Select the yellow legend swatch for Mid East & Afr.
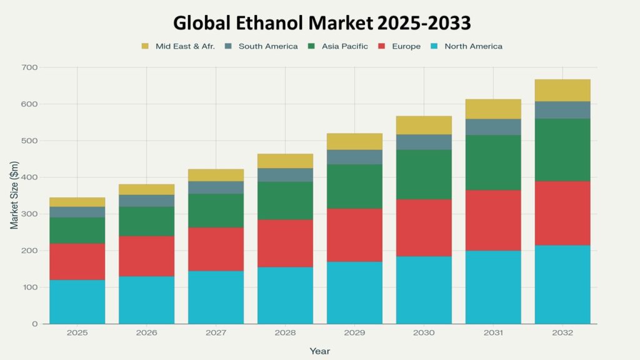pyautogui.click(x=146, y=46)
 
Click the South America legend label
pyautogui.click(x=268, y=46)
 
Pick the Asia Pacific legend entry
pyautogui.click(x=345, y=46)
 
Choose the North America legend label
pyautogui.click(x=473, y=46)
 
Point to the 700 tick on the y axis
pyautogui.click(x=29, y=67)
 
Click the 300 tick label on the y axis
pyautogui.click(x=29, y=214)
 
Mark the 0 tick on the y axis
pyautogui.click(x=35, y=324)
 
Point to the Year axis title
pyautogui.click(x=319, y=351)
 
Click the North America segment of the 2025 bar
pyautogui.click(x=77, y=302)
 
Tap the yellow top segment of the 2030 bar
pyautogui.click(x=424, y=125)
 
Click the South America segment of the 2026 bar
pyautogui.click(x=146, y=201)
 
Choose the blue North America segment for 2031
pyautogui.click(x=493, y=287)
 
